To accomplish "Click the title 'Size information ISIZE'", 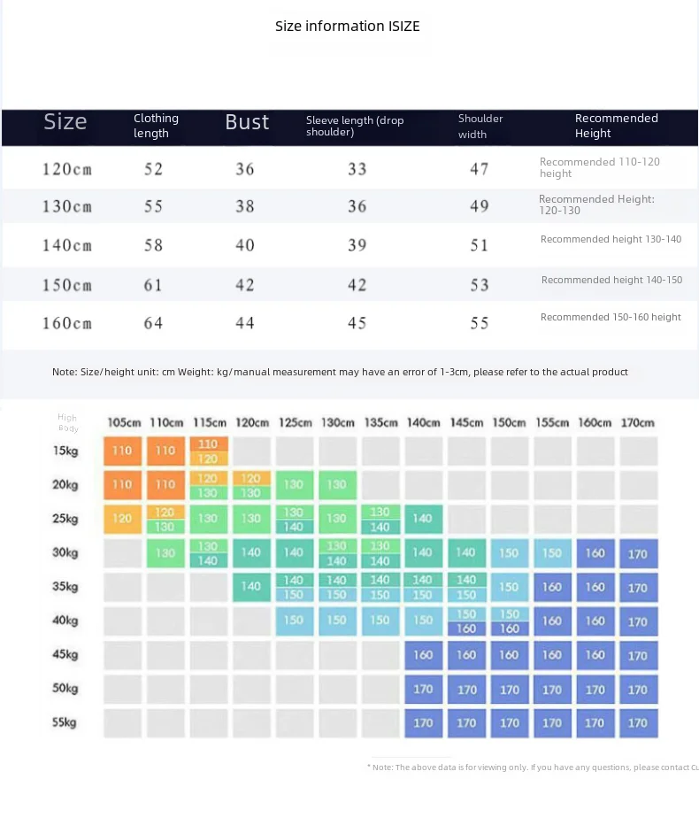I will (347, 26).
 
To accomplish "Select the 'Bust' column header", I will (247, 122).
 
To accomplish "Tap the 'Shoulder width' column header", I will (480, 126).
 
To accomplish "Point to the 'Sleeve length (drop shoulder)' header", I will (355, 125).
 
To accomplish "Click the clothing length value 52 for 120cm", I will (153, 169).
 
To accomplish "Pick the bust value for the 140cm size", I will (245, 245).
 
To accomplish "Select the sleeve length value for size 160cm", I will (357, 323).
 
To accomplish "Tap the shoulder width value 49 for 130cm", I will (479, 206).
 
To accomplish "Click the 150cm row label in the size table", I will (66, 285).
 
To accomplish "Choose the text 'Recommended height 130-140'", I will (611, 239).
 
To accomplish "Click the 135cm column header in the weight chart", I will (380, 423).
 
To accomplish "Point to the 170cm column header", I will (637, 423).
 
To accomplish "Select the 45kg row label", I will (65, 654).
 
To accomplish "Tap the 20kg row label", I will (65, 484).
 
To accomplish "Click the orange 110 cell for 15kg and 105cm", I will (122, 451).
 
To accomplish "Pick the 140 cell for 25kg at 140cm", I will (423, 519).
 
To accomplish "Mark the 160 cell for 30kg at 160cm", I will (595, 553).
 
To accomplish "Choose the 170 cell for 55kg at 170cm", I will (637, 722).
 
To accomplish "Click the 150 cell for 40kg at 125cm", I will (294, 621).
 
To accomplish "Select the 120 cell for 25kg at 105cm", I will (122, 519).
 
